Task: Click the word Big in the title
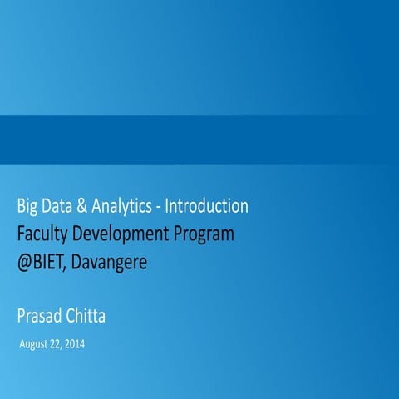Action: point(30,206)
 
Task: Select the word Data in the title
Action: point(65,205)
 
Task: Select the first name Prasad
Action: point(42,316)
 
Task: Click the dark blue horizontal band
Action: point(199,139)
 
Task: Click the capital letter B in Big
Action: point(22,205)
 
